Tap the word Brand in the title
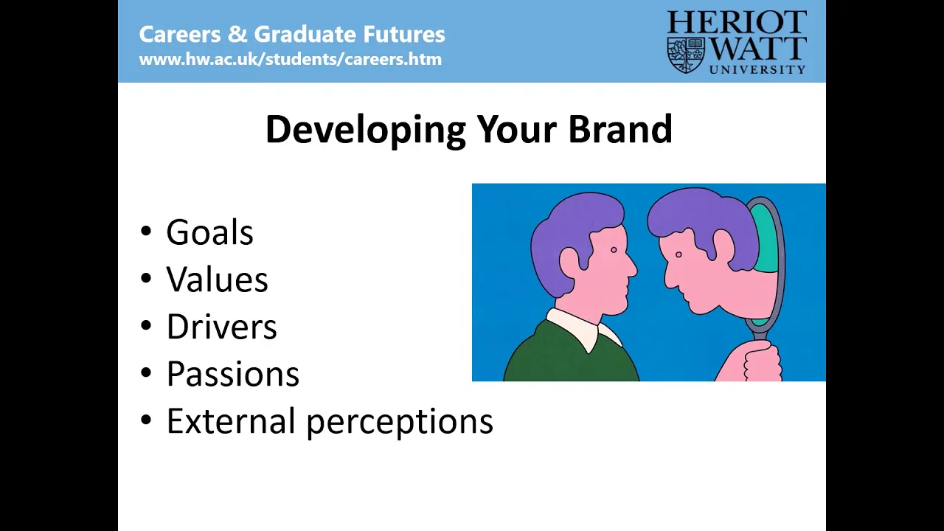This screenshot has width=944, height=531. [620, 129]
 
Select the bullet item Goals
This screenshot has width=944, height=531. [210, 232]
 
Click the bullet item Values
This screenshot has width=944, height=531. [217, 279]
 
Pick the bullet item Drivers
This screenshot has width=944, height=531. [222, 326]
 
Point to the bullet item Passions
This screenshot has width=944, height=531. [233, 373]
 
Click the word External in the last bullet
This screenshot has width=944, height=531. [231, 420]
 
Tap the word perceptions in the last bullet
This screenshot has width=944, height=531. [400, 423]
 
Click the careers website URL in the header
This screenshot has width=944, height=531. [291, 60]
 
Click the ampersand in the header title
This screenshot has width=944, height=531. [237, 34]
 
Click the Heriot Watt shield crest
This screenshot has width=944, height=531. [686, 55]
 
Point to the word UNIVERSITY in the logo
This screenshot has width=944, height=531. [757, 69]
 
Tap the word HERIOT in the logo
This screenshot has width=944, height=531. [737, 22]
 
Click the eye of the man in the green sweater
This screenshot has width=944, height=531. [614, 250]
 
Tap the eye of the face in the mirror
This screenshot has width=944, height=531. [678, 254]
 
